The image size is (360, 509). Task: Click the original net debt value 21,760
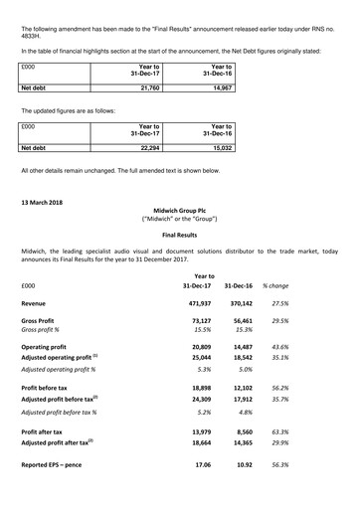pyautogui.click(x=148, y=87)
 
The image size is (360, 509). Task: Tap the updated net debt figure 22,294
pyautogui.click(x=148, y=148)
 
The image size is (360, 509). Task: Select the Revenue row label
pyautogui.click(x=40, y=302)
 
